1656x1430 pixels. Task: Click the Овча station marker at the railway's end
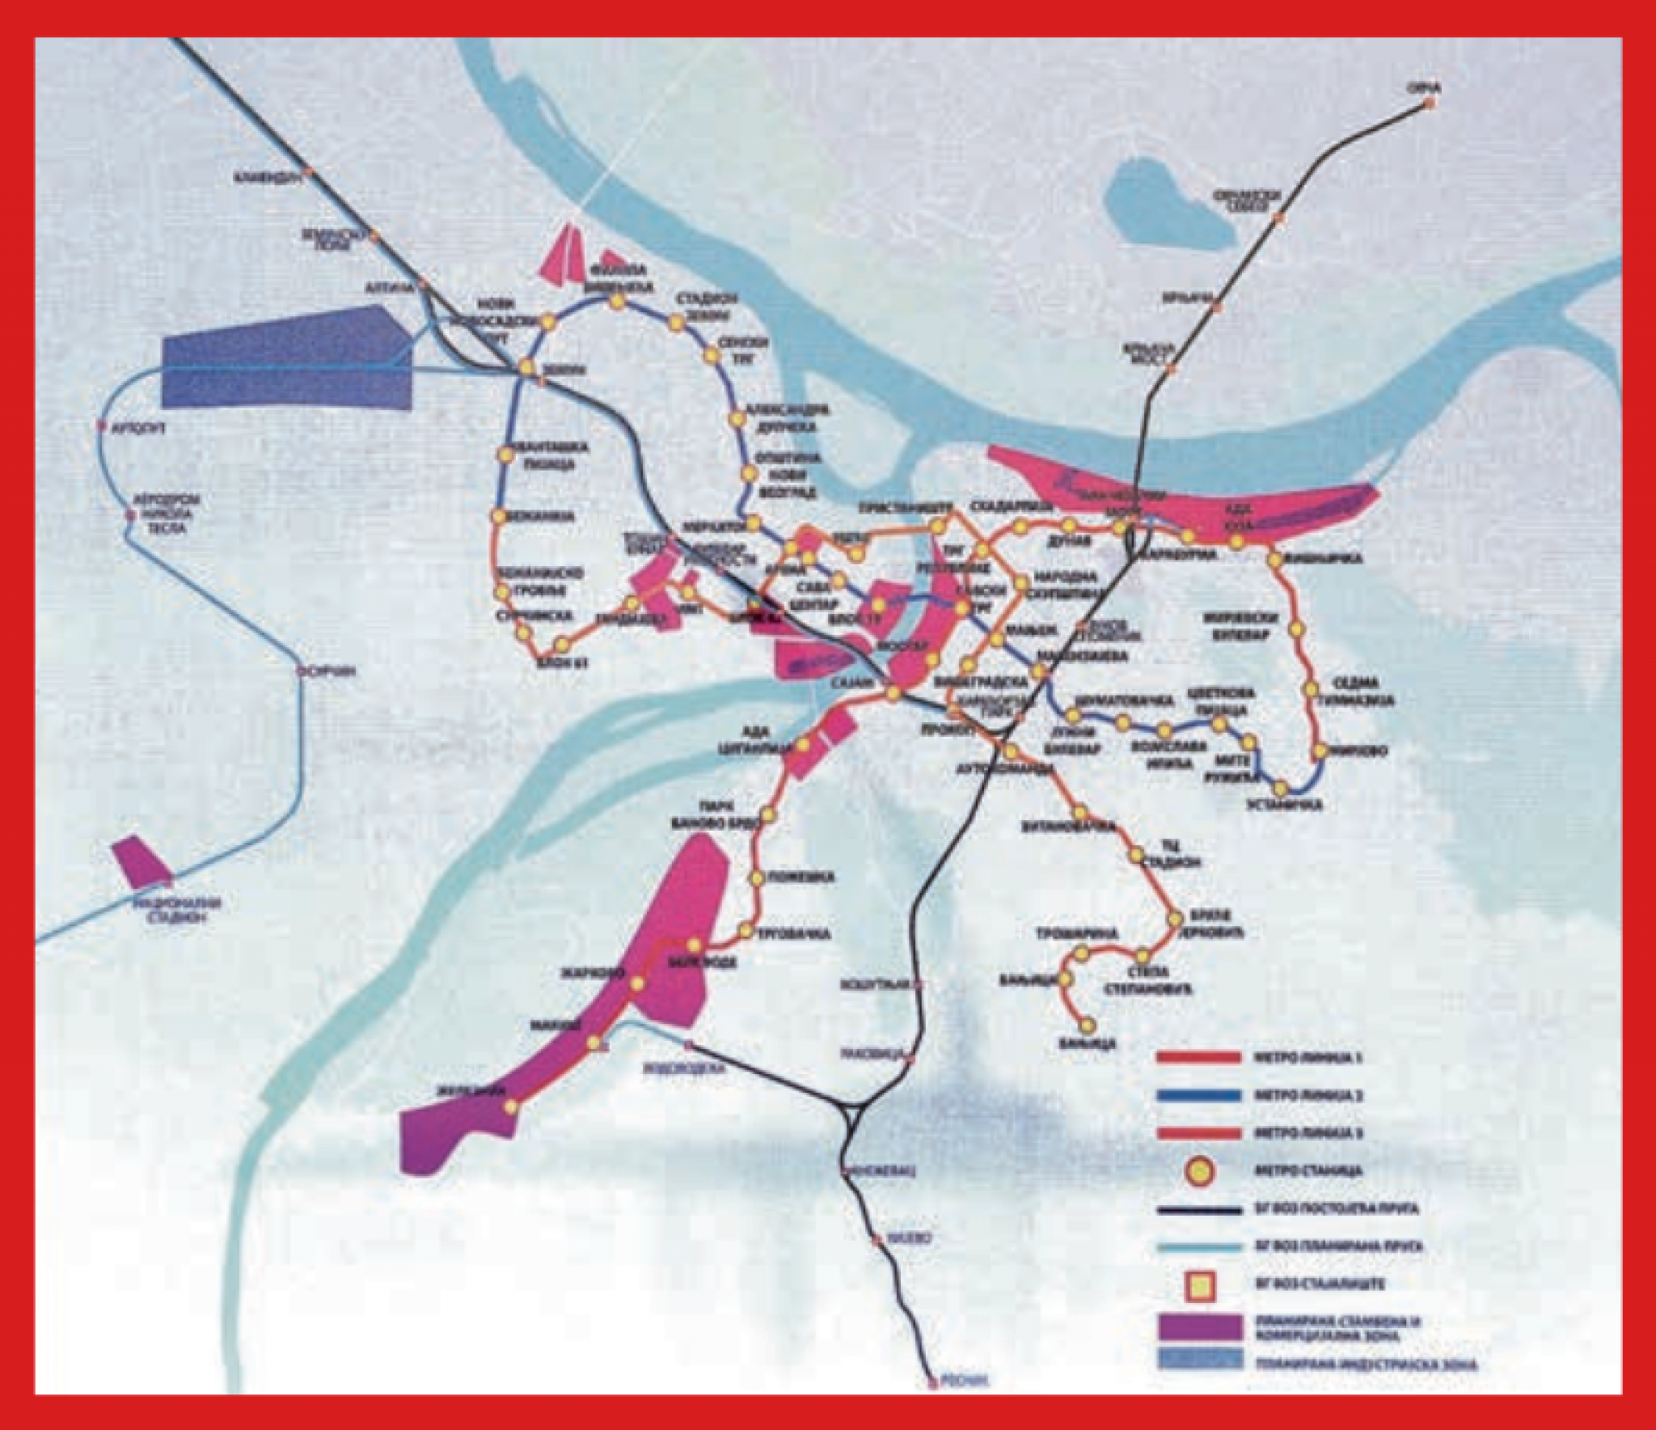click(1430, 104)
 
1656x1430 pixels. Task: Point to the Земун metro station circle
click(527, 367)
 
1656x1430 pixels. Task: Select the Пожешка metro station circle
click(755, 878)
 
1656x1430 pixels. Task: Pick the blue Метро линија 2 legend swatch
click(1198, 1095)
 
